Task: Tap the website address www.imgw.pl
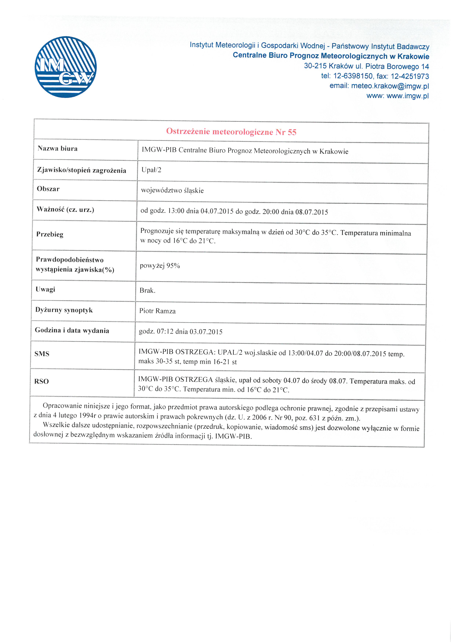[x=408, y=96]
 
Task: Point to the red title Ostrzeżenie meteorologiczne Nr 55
[x=231, y=131]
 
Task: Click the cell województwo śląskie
[x=172, y=190]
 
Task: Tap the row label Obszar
[x=48, y=189]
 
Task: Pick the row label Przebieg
[x=50, y=234]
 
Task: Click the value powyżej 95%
[x=160, y=266]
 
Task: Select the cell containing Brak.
[x=147, y=291]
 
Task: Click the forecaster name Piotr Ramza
[x=157, y=311]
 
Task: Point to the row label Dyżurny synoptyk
[x=64, y=310]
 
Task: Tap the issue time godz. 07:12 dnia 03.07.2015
[x=181, y=331]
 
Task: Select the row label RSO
[x=41, y=381]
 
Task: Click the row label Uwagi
[x=45, y=289]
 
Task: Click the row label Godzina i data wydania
[x=72, y=330]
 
